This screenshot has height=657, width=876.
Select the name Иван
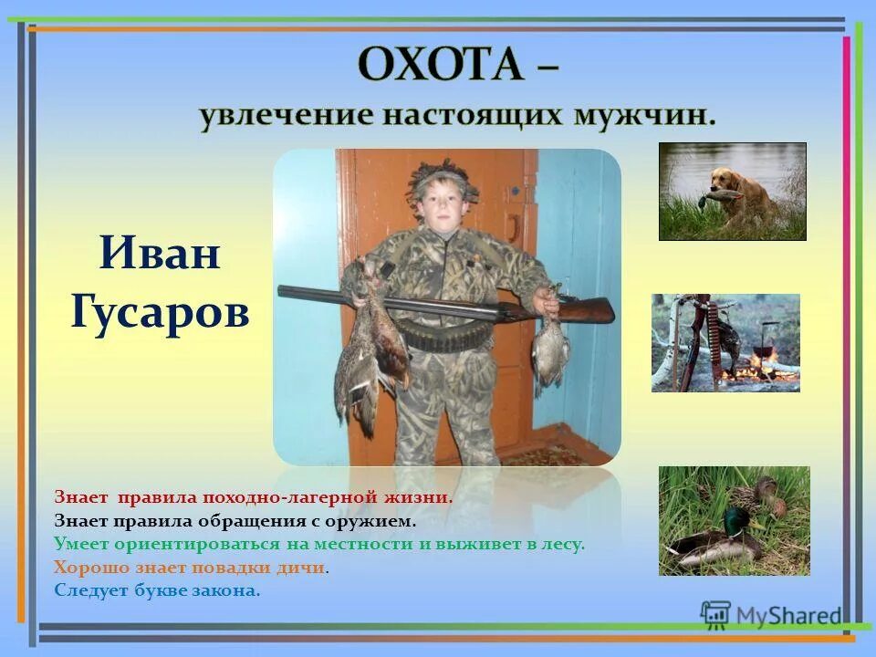pos(160,253)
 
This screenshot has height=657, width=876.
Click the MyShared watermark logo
pos(771,614)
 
